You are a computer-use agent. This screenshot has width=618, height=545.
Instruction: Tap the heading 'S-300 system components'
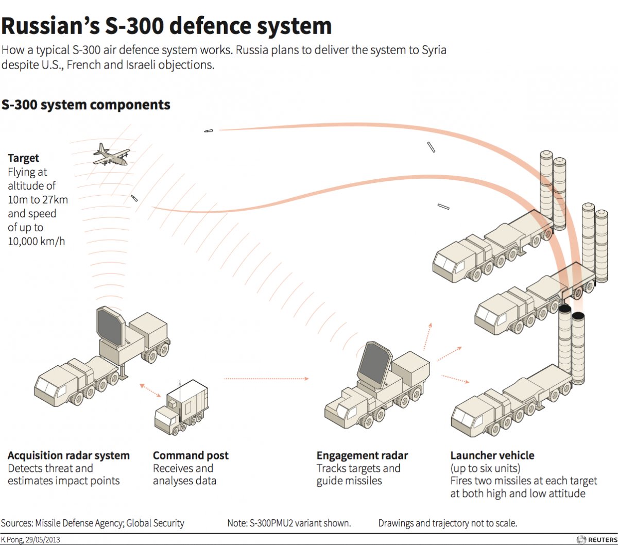[85, 105]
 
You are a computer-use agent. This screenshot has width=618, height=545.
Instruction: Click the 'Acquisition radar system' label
[68, 455]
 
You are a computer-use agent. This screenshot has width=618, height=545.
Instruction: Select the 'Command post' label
[191, 455]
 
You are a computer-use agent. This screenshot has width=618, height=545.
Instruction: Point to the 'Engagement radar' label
[362, 455]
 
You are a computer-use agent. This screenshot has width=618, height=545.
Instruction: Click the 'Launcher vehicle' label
[492, 455]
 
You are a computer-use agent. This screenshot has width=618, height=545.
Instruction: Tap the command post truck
[181, 407]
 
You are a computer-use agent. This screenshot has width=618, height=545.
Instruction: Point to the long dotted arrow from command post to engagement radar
[266, 379]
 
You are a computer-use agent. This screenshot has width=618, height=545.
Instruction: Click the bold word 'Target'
[23, 158]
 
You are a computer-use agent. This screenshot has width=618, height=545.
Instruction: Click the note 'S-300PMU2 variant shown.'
[289, 523]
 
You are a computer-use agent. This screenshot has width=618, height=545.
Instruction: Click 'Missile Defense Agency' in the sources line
[77, 523]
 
